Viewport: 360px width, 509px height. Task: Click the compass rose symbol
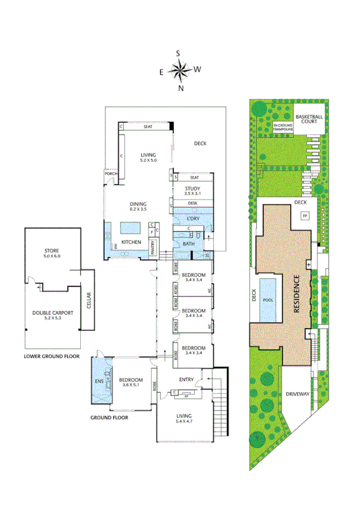(180, 70)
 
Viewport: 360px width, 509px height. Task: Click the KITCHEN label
(131, 242)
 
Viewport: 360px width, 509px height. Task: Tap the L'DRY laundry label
(193, 219)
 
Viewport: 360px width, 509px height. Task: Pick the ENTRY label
(186, 379)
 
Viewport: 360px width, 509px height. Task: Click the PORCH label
(110, 174)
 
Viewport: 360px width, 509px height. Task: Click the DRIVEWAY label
(297, 394)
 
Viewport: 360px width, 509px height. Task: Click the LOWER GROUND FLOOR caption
(52, 356)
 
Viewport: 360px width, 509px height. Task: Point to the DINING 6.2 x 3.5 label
(138, 207)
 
